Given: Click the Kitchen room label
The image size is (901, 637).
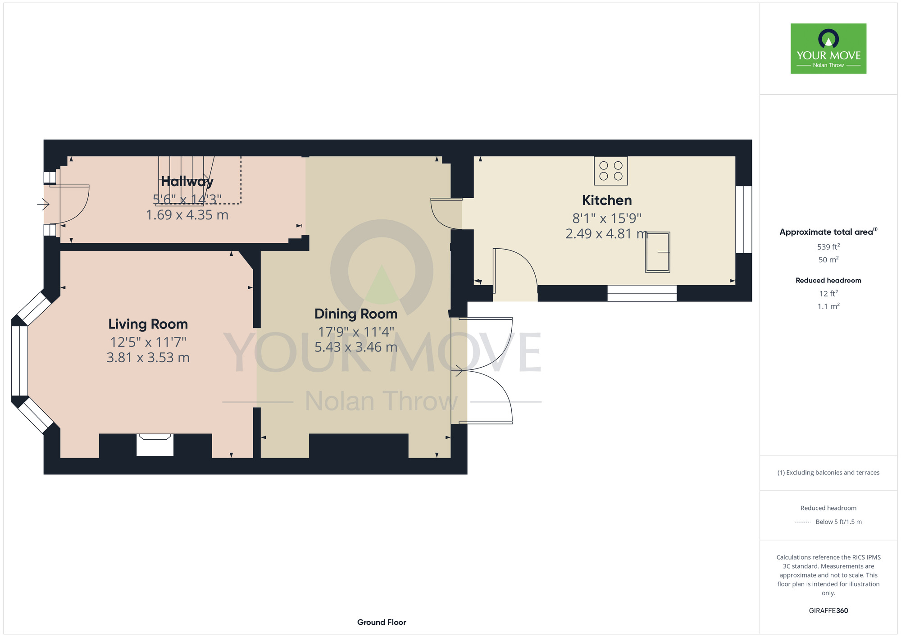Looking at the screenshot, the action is coord(607,200).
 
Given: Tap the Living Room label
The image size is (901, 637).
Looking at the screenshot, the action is coord(148,324).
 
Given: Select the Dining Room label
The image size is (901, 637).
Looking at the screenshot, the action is coord(356,314).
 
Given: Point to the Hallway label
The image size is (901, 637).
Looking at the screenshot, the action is coord(187,182).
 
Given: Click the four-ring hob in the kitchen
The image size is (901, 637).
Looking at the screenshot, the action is coord(611,171).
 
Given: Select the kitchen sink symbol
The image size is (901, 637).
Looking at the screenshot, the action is coord(658,252).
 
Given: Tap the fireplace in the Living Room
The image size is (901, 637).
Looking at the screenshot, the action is coord(155,445).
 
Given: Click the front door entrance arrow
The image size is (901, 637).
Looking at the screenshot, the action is coord(43,205).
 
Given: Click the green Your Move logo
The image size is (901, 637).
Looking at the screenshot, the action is coord(828,49).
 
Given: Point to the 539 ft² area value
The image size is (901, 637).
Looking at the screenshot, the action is coord(828,247).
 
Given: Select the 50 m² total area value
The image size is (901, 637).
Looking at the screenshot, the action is coord(828,259).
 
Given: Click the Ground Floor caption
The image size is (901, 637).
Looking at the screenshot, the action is coord(382,622).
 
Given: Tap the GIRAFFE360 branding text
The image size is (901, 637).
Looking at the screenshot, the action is coord(828,611).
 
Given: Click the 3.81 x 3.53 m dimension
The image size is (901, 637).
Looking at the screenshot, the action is coord(148,358).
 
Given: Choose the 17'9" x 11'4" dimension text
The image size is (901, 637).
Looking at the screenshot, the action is coord(356,332).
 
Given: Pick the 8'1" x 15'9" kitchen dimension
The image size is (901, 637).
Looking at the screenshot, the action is coord(607,218).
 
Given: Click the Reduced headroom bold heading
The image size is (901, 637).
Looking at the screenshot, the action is coord(828,280).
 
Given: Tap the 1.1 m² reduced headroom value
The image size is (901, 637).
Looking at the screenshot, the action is coord(828,306).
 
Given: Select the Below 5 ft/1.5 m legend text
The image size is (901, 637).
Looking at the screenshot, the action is coord(838,522).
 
